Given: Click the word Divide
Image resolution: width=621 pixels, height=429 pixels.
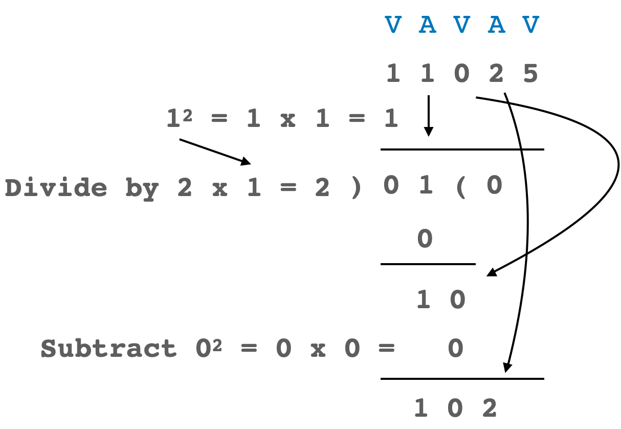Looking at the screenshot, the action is (x=56, y=188).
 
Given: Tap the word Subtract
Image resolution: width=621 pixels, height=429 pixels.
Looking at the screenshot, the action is (x=108, y=349).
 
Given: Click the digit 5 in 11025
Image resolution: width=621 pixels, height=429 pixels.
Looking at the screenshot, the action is (x=530, y=74).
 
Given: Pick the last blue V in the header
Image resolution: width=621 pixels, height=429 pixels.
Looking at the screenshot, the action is (x=531, y=25).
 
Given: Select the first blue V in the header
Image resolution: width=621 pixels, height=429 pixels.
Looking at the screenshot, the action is (x=393, y=25).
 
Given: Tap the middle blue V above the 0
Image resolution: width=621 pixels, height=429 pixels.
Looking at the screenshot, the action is (x=461, y=25).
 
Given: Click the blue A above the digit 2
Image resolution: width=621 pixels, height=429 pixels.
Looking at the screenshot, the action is (x=496, y=25).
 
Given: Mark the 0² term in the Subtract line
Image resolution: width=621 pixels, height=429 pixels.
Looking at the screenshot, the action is (x=208, y=349).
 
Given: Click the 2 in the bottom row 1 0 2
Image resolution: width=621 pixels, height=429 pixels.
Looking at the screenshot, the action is (x=490, y=408).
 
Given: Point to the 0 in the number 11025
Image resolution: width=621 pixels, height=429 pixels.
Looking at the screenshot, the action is (x=461, y=74).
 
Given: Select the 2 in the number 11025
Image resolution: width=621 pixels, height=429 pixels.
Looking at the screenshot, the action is (x=496, y=74).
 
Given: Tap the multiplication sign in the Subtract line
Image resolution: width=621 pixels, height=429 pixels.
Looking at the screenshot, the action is (x=318, y=350).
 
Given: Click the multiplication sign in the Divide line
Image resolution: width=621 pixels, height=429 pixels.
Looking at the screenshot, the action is (x=219, y=189).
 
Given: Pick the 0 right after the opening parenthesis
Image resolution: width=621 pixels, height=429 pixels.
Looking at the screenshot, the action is (x=494, y=185).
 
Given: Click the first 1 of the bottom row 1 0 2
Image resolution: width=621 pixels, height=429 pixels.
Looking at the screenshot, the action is (x=420, y=408).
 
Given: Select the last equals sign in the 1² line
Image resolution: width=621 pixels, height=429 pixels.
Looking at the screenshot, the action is (x=357, y=119).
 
